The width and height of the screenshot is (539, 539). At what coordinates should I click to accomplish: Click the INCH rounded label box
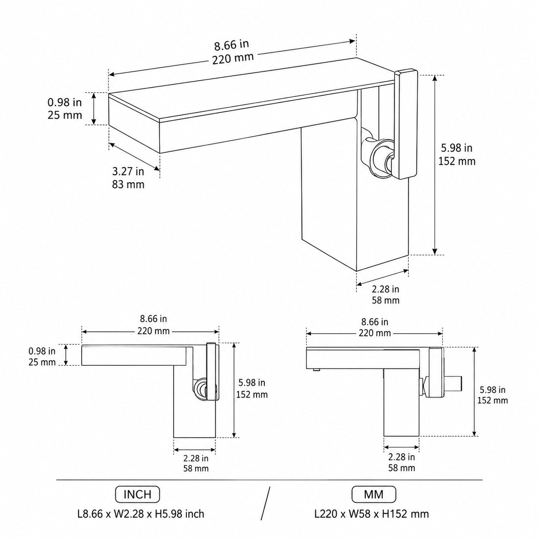coord(138,494)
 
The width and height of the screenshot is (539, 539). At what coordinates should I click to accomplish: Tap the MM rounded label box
coord(374,494)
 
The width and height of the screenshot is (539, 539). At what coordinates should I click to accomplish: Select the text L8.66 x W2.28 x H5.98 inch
coord(141,514)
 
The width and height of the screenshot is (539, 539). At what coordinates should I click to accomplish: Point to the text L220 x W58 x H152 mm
coord(371,514)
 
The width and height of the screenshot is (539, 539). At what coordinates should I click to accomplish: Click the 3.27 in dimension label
coord(128,171)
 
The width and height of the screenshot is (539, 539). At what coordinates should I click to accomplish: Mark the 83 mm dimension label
coord(128,184)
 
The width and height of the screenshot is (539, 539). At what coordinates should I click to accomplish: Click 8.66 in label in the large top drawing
coord(232,45)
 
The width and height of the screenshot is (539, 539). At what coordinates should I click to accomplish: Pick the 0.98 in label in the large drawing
coord(64,103)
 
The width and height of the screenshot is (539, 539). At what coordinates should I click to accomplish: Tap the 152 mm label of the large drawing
coord(457,161)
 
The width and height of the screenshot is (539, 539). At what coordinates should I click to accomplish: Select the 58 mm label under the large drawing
coord(386,300)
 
